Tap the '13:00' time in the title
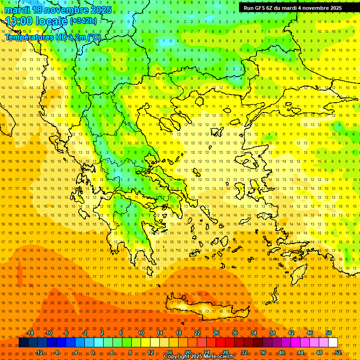pyautogui.click(x=19, y=21)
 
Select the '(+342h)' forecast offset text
pyautogui.click(x=83, y=21)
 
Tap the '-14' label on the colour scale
pyautogui.click(x=30, y=333)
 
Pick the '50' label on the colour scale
pyautogui.click(x=329, y=333)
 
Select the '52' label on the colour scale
pyautogui.click(x=338, y=352)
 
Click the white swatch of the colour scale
pyautogui.click(x=333, y=343)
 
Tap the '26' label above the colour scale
pyautogui.click(x=216, y=333)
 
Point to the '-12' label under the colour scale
pyautogui.click(x=39, y=352)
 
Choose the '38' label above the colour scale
pyautogui.click(x=272, y=333)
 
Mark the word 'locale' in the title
pyautogui.click(x=52, y=21)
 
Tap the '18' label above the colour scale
pyautogui.click(x=179, y=333)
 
